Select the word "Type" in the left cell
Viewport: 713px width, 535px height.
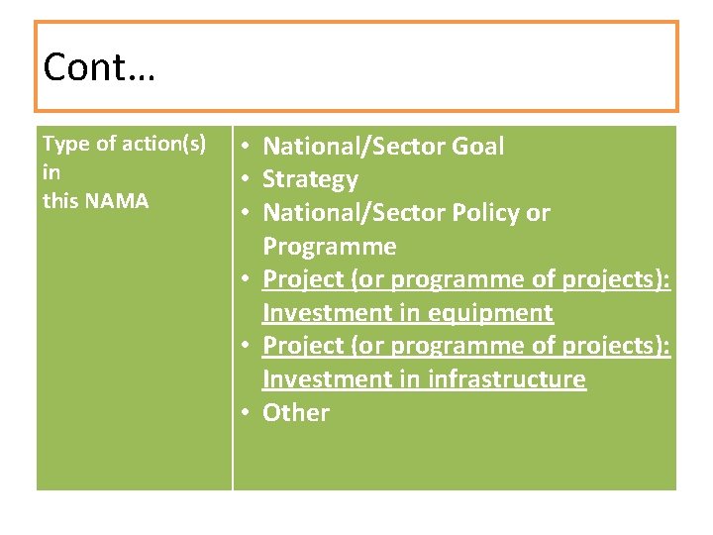tap(64, 145)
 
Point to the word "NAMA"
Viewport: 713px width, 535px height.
tap(117, 201)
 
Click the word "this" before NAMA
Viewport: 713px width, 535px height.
tap(61, 201)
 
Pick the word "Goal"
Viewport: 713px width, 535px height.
tap(477, 147)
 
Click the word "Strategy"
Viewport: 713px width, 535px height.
tap(310, 180)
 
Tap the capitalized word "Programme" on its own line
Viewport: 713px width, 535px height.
tap(329, 247)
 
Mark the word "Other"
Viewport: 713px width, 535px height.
tap(295, 413)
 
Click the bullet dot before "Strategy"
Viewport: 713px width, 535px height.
tap(244, 180)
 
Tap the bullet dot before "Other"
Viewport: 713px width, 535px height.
tap(244, 413)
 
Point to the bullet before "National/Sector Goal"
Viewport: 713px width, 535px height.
tap(244, 147)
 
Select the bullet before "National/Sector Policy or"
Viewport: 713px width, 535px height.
tap(244, 213)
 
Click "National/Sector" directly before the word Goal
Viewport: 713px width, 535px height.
tap(354, 147)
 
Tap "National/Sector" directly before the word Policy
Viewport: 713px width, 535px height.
tap(354, 213)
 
